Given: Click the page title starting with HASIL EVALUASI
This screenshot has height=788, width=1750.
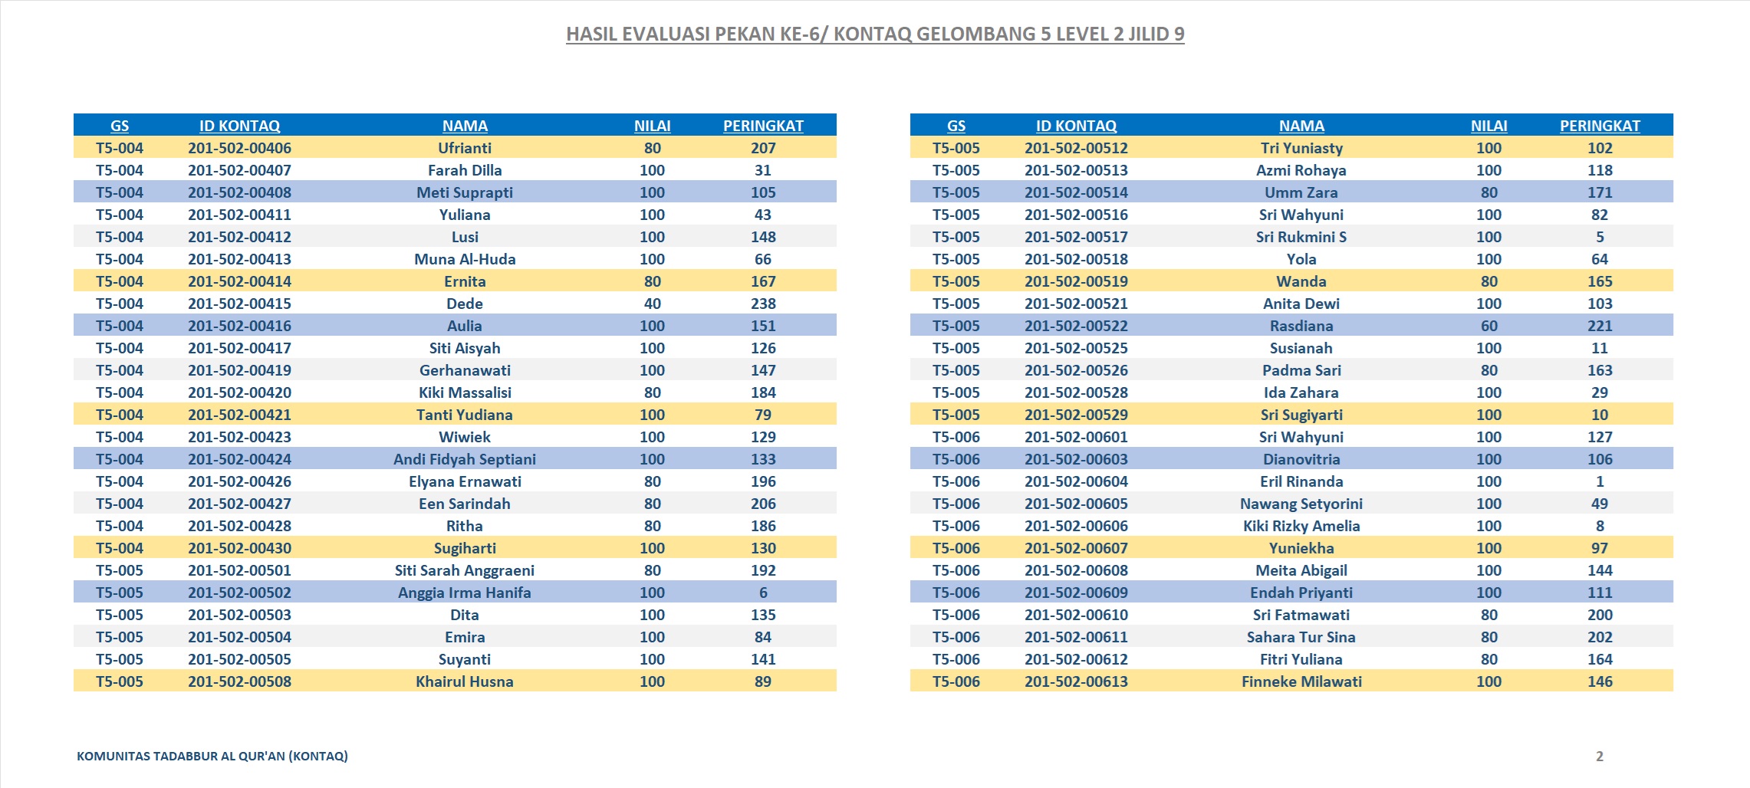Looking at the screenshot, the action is (875, 34).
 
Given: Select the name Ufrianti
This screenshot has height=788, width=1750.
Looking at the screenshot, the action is (465, 148).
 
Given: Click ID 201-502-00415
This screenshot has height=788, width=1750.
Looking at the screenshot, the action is (239, 304).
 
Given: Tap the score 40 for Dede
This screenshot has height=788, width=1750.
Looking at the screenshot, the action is (653, 304).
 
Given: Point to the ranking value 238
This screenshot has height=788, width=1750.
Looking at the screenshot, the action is (763, 304).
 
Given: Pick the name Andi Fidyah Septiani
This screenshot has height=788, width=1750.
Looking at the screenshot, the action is (465, 459).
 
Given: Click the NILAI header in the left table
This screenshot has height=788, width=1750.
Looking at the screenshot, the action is (653, 126).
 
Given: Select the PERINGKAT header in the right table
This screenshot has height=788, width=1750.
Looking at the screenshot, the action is (1600, 126).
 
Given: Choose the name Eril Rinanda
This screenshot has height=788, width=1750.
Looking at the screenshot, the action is (1301, 481).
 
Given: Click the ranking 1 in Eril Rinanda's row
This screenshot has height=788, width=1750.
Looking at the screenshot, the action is (1600, 481).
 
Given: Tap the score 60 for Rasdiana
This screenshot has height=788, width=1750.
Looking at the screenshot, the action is (1489, 326).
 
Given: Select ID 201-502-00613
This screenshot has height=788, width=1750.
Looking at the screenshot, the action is (1076, 681).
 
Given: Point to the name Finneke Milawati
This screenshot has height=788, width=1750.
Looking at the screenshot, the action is (1301, 681).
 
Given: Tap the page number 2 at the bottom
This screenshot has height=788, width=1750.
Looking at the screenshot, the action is (1600, 756).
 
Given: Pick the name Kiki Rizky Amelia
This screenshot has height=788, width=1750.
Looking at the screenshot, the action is (1301, 526).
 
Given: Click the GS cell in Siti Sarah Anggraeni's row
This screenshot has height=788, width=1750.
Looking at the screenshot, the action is (120, 570).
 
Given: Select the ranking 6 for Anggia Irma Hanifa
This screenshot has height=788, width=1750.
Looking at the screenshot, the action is (763, 593).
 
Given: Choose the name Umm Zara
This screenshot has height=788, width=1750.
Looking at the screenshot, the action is (1301, 192).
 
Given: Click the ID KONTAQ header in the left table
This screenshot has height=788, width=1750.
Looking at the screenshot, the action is (239, 126).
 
